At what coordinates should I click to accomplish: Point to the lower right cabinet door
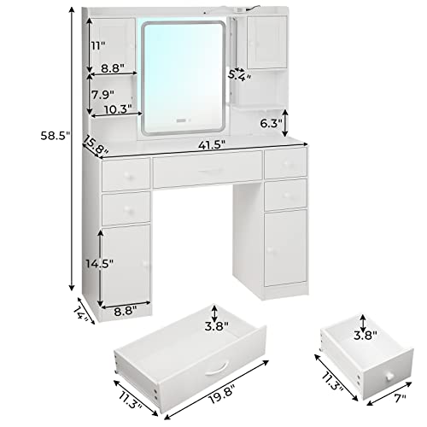click(285, 248)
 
